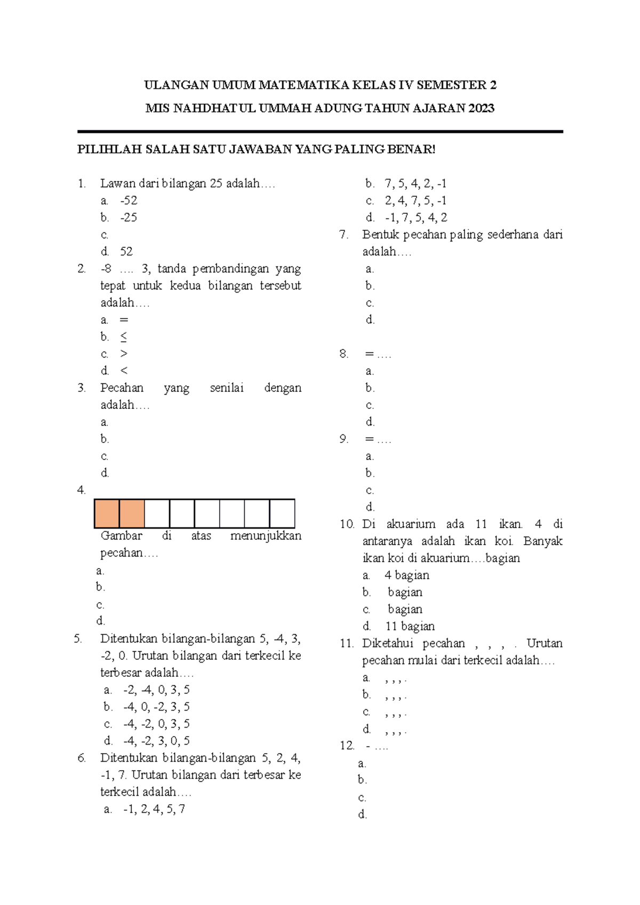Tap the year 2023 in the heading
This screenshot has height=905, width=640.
482,108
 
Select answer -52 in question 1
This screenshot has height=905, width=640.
129,201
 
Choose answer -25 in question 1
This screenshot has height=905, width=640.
129,218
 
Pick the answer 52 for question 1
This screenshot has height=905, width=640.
126,252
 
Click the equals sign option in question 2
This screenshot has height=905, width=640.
124,320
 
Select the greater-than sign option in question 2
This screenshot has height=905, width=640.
124,354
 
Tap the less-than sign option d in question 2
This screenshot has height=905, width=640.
124,371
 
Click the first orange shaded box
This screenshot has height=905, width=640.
107,514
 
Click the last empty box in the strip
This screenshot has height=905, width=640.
282,514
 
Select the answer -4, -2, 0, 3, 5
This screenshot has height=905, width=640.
156,724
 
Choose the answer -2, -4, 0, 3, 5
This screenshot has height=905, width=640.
156,690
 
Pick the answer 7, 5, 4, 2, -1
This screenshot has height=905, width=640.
415,184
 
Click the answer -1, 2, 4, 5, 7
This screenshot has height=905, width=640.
154,810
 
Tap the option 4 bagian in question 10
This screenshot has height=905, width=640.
407,576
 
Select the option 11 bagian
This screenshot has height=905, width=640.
410,627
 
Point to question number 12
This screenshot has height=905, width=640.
347,746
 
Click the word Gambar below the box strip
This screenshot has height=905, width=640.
122,536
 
